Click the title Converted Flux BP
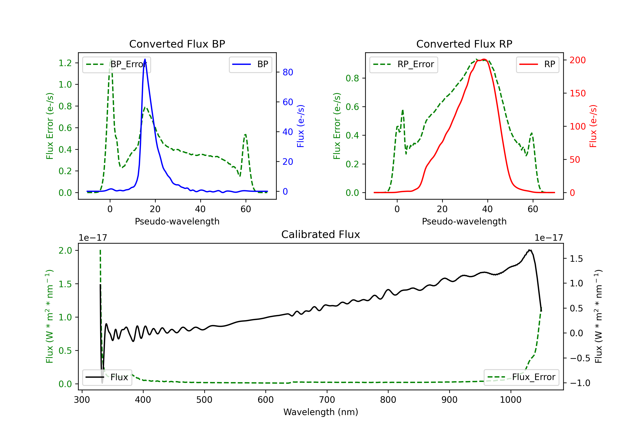click(x=177, y=44)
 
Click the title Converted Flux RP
click(x=464, y=44)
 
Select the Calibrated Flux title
click(x=321, y=234)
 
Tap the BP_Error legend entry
click(x=116, y=64)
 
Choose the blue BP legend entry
click(x=250, y=64)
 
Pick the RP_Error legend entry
click(x=404, y=64)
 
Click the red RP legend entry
click(x=537, y=64)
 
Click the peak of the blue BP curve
click(x=145, y=59)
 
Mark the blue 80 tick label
click(x=288, y=72)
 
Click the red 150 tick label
click(x=577, y=93)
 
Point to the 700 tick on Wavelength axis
click(x=327, y=400)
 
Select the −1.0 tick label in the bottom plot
click(x=580, y=383)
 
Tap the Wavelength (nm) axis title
click(x=321, y=412)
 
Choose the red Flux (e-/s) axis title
click(x=593, y=126)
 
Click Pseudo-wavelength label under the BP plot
click(x=177, y=221)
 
